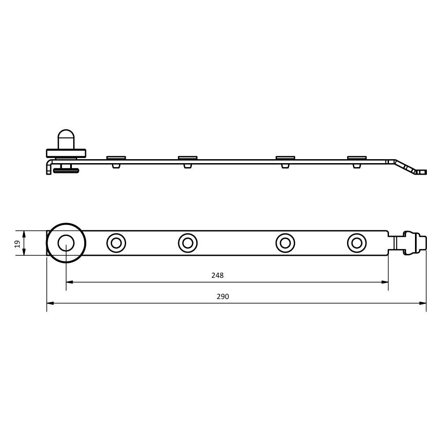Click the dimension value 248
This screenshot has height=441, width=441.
tap(217, 275)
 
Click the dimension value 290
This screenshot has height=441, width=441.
tap(223, 296)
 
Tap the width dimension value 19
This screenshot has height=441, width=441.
tap(17, 243)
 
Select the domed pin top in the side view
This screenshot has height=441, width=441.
tap(66, 139)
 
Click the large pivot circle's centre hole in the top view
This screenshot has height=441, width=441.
tap(66, 243)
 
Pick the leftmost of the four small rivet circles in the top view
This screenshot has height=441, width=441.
tap(116, 243)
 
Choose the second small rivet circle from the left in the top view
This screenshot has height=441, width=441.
tap(187, 243)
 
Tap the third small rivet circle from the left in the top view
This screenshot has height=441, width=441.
tap(285, 243)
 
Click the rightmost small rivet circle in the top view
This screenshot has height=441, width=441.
tap(357, 243)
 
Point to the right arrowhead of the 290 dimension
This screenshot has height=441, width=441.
tap(423, 303)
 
